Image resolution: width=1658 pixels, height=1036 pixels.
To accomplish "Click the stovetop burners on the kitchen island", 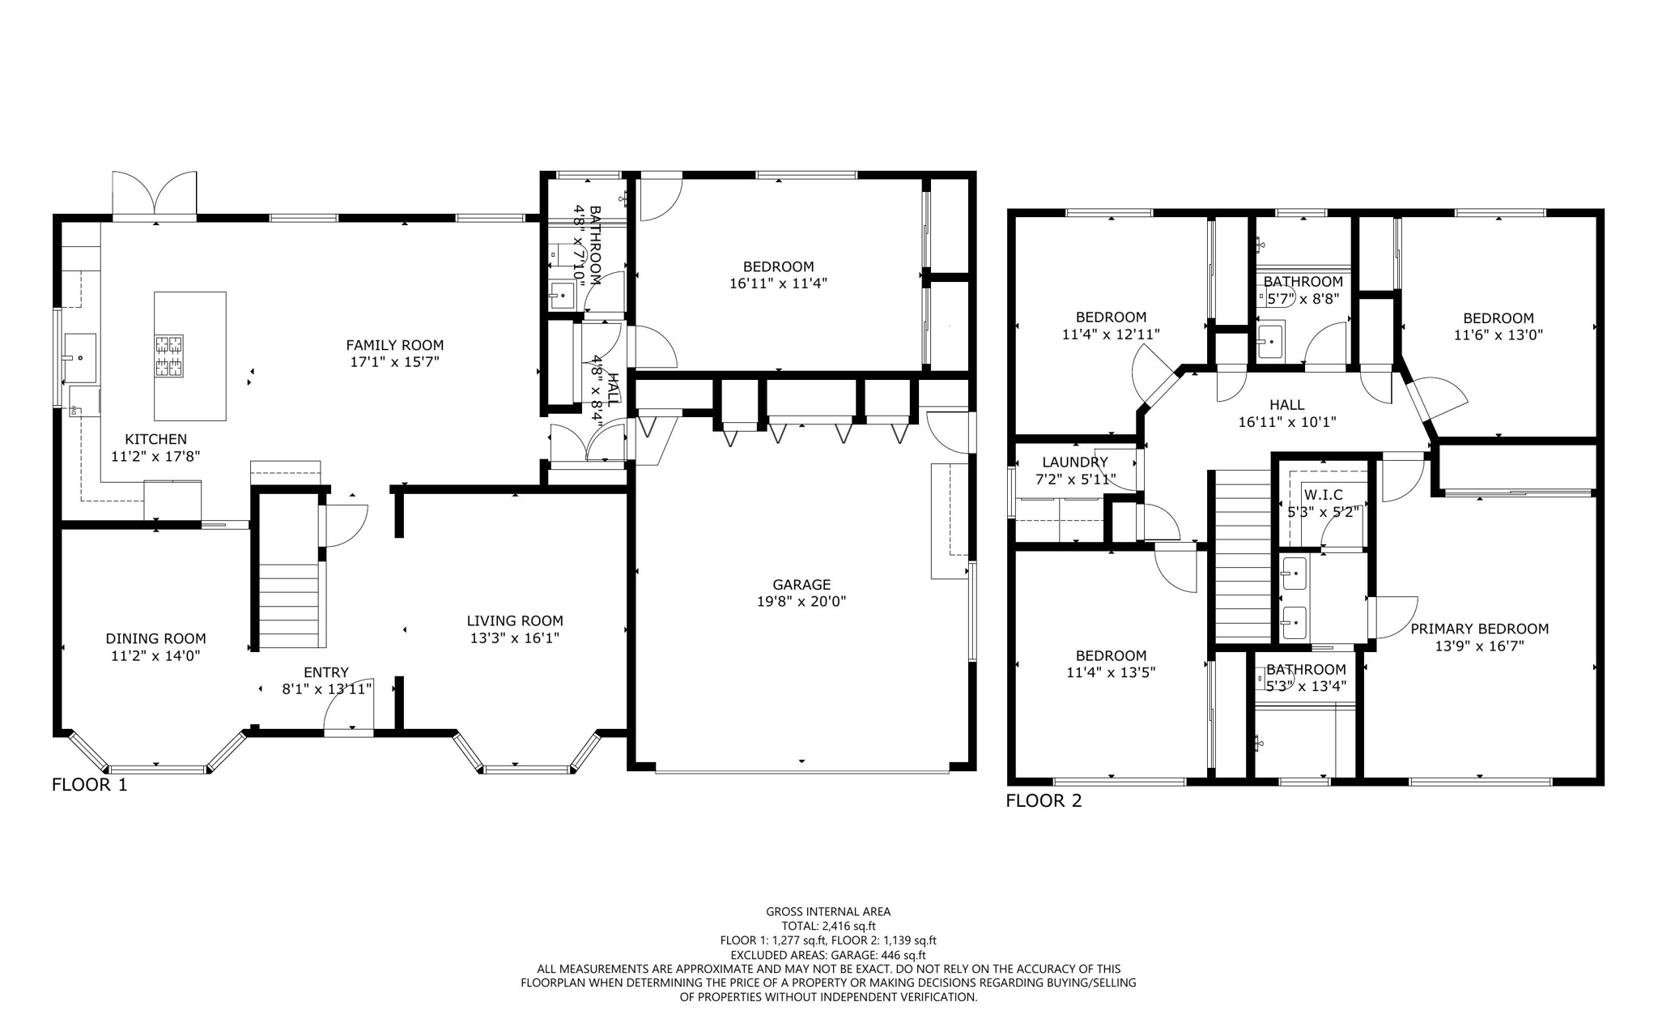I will (x=169, y=356).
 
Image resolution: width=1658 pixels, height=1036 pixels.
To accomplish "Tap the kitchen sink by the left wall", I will (x=80, y=357).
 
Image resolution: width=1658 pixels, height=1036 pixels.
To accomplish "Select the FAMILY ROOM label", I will (x=395, y=345).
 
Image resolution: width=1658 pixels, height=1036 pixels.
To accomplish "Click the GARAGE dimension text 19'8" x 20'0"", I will (x=801, y=602).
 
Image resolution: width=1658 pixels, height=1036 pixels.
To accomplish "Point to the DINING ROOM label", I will (x=155, y=638).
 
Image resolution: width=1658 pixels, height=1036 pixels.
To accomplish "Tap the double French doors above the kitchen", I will (x=155, y=194).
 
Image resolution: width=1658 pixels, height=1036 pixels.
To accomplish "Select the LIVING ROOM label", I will (x=515, y=621).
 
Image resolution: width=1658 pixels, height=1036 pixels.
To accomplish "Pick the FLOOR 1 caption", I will (x=89, y=785).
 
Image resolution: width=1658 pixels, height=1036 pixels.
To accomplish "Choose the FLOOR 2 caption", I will (x=1044, y=801).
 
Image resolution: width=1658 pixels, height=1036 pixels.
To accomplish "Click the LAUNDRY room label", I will (x=1074, y=463).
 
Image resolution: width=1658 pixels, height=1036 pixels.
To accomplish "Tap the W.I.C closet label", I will (x=1324, y=495).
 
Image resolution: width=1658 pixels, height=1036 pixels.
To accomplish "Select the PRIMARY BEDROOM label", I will (x=1479, y=629).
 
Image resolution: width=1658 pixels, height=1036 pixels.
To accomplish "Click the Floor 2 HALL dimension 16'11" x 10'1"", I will (x=1286, y=422).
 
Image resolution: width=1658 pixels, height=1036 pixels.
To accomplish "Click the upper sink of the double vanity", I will (x=1294, y=574).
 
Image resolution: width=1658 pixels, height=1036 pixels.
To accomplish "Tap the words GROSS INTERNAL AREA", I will (x=828, y=911).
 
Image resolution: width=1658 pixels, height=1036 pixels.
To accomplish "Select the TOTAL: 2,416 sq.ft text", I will (x=828, y=926).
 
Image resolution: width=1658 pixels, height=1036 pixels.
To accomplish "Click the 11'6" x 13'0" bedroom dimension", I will (x=1498, y=335).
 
